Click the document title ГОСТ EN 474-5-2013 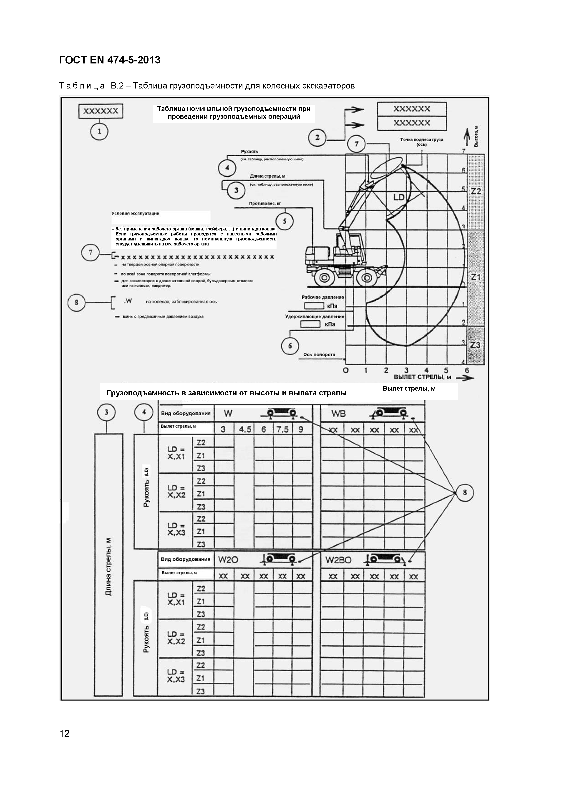click(x=110, y=60)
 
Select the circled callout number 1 click(x=99, y=132)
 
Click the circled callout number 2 click(x=317, y=138)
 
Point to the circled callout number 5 click(x=285, y=221)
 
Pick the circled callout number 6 click(x=290, y=346)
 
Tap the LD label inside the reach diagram click(x=399, y=197)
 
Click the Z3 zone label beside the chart click(x=475, y=345)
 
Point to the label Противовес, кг click(x=265, y=203)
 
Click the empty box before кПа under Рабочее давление click(x=314, y=306)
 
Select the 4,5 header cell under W click(x=245, y=429)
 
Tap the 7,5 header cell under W click(x=282, y=429)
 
